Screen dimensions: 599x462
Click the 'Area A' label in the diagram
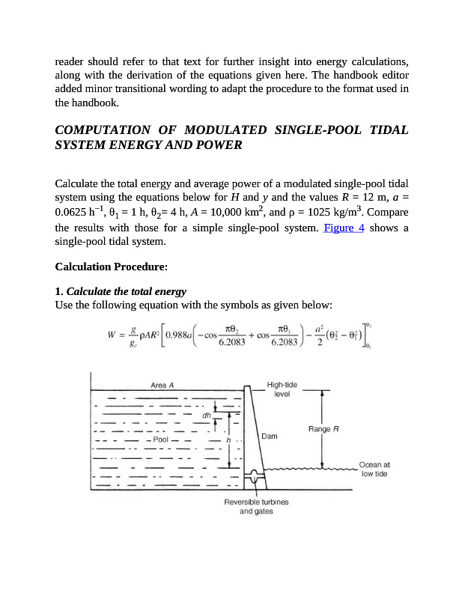point(162,385)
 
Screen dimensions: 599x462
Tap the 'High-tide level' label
point(282,389)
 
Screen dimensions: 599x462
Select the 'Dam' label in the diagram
point(270,435)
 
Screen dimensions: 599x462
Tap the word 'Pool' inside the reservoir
point(160,440)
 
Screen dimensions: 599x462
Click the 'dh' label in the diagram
point(206,413)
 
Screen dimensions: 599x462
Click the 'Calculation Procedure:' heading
point(112,267)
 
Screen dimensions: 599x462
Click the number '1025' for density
point(341,213)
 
